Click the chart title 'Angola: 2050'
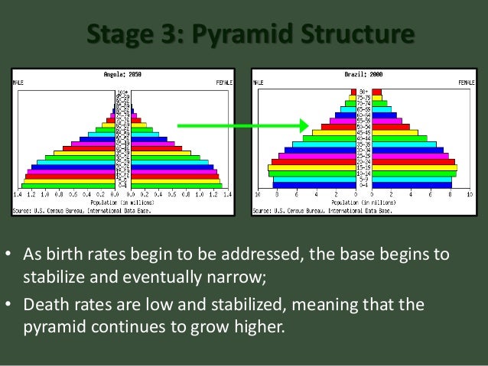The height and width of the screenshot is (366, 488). click(x=122, y=75)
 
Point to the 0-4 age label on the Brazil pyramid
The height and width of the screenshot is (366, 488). click(x=364, y=184)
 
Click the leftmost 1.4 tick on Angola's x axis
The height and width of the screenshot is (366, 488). click(x=16, y=195)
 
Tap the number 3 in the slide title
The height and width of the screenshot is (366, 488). click(x=160, y=35)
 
